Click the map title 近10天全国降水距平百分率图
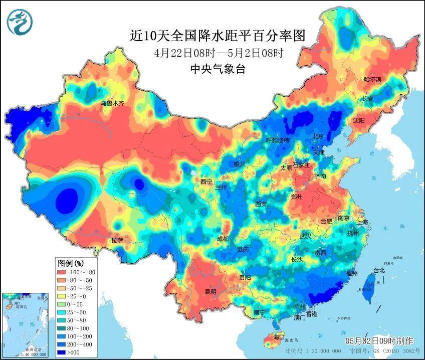[218, 36]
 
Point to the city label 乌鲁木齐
[112, 103]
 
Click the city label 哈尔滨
[372, 80]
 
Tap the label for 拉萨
[117, 241]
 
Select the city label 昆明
[210, 291]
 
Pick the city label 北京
[318, 136]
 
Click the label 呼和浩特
[277, 140]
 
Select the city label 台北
[378, 271]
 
